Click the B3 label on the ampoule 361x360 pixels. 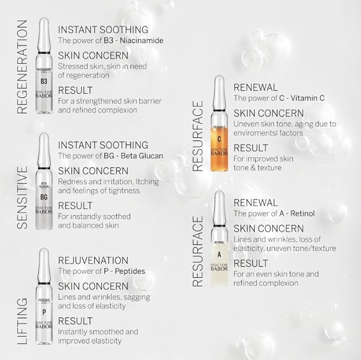point(44,81)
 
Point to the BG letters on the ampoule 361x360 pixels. point(45,197)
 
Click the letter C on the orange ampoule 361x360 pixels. point(220,139)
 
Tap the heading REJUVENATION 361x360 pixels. point(93,260)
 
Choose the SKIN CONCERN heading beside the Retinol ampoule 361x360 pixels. point(268,228)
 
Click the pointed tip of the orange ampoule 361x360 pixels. point(219,79)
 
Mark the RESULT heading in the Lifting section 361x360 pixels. point(75,321)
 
